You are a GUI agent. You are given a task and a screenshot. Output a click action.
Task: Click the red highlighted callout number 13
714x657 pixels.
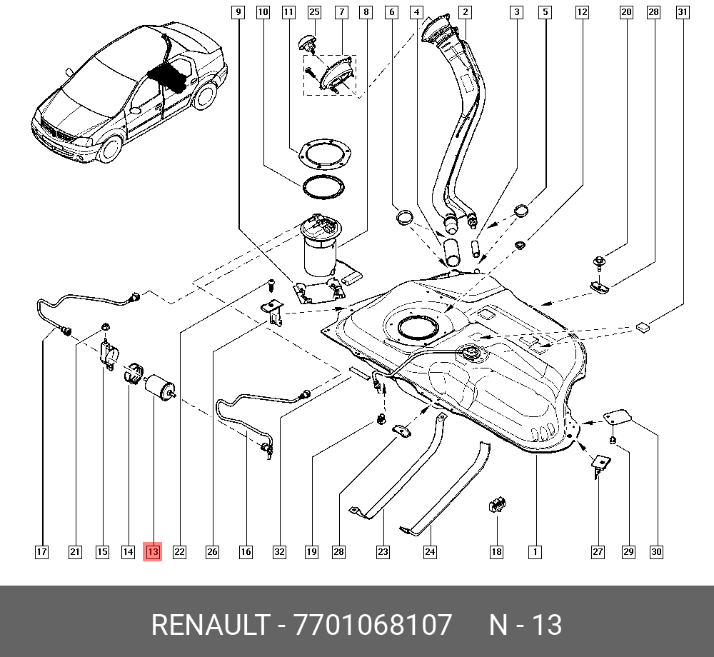153,551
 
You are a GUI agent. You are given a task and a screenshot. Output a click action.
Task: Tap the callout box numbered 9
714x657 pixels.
238,12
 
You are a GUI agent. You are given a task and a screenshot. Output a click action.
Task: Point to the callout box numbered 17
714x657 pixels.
42,551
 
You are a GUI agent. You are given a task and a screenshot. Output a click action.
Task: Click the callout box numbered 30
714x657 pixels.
656,551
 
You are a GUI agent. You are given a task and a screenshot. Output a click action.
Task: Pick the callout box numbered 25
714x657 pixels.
314,12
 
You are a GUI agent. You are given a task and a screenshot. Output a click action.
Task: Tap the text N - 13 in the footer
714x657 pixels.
526,625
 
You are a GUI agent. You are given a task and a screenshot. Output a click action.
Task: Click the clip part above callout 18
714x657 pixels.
496,505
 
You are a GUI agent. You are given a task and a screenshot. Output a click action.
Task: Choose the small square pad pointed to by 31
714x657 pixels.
644,327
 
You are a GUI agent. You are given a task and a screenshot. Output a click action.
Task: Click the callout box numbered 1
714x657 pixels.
533,551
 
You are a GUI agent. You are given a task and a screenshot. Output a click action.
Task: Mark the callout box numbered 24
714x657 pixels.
430,551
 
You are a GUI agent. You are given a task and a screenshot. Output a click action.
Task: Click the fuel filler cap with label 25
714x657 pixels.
309,43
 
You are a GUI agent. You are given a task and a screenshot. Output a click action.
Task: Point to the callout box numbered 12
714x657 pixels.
582,12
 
